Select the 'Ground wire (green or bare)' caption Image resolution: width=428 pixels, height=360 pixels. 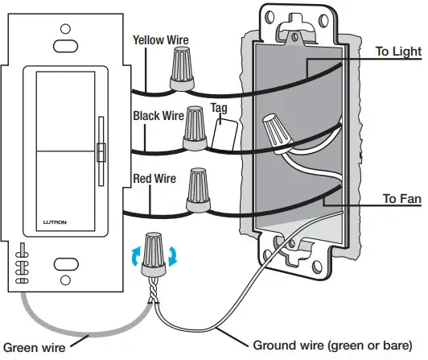tap(336, 346)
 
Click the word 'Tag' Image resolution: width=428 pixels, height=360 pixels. tap(219, 108)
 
